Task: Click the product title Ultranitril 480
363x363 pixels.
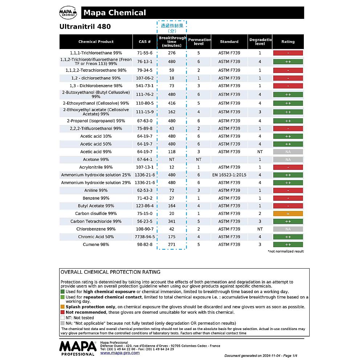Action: click(85, 26)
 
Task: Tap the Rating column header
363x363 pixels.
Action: click(288, 42)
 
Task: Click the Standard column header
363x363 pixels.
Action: click(229, 42)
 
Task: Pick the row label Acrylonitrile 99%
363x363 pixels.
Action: click(96, 167)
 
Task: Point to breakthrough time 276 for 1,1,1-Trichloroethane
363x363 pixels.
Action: click(172, 53)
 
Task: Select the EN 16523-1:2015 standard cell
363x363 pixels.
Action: click(229, 175)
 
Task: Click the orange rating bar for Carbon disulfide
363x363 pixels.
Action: click(288, 214)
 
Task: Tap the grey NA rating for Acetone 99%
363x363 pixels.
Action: click(288, 160)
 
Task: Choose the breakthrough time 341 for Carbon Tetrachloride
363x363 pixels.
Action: click(172, 221)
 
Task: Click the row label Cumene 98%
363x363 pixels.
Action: click(96, 245)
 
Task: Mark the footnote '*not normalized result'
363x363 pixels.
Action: click(286, 251)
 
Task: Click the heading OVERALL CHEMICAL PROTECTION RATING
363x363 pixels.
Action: click(110, 272)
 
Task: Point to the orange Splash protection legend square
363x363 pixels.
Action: click(62, 307)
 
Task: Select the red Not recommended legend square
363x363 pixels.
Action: click(62, 312)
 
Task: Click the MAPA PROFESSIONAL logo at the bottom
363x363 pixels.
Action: click(77, 348)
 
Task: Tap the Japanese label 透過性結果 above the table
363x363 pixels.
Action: click(172, 26)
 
